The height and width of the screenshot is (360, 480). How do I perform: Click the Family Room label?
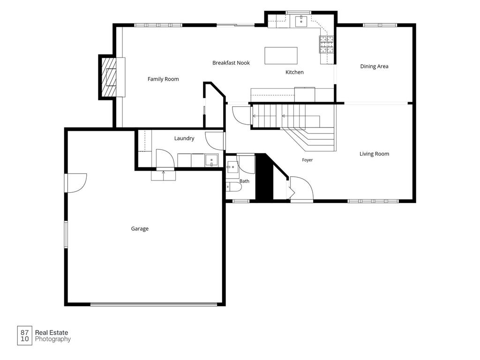[163, 79]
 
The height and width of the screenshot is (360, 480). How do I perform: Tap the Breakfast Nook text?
[231, 63]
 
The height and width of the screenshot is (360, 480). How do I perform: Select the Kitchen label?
[294, 72]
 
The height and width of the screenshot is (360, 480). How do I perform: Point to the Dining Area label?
[374, 66]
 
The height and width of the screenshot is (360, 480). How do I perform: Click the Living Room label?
[374, 154]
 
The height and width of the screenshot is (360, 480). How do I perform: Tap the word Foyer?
[307, 160]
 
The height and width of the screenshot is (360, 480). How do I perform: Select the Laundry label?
[184, 138]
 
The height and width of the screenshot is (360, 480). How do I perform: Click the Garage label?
[140, 229]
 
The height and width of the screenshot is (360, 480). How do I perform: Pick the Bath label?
[244, 181]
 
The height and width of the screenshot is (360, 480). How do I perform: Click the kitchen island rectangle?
[281, 55]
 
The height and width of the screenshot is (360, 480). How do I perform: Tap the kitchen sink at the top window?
[301, 22]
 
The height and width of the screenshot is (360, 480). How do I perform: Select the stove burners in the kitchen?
[327, 44]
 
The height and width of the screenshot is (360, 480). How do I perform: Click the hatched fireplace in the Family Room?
[109, 77]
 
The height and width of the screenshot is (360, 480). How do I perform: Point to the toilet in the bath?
[234, 187]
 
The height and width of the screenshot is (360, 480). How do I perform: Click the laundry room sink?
[211, 160]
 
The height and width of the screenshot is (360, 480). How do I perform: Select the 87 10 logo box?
[24, 336]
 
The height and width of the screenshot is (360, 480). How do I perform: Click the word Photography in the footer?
[53, 339]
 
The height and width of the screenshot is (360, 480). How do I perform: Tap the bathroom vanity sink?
[232, 167]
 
